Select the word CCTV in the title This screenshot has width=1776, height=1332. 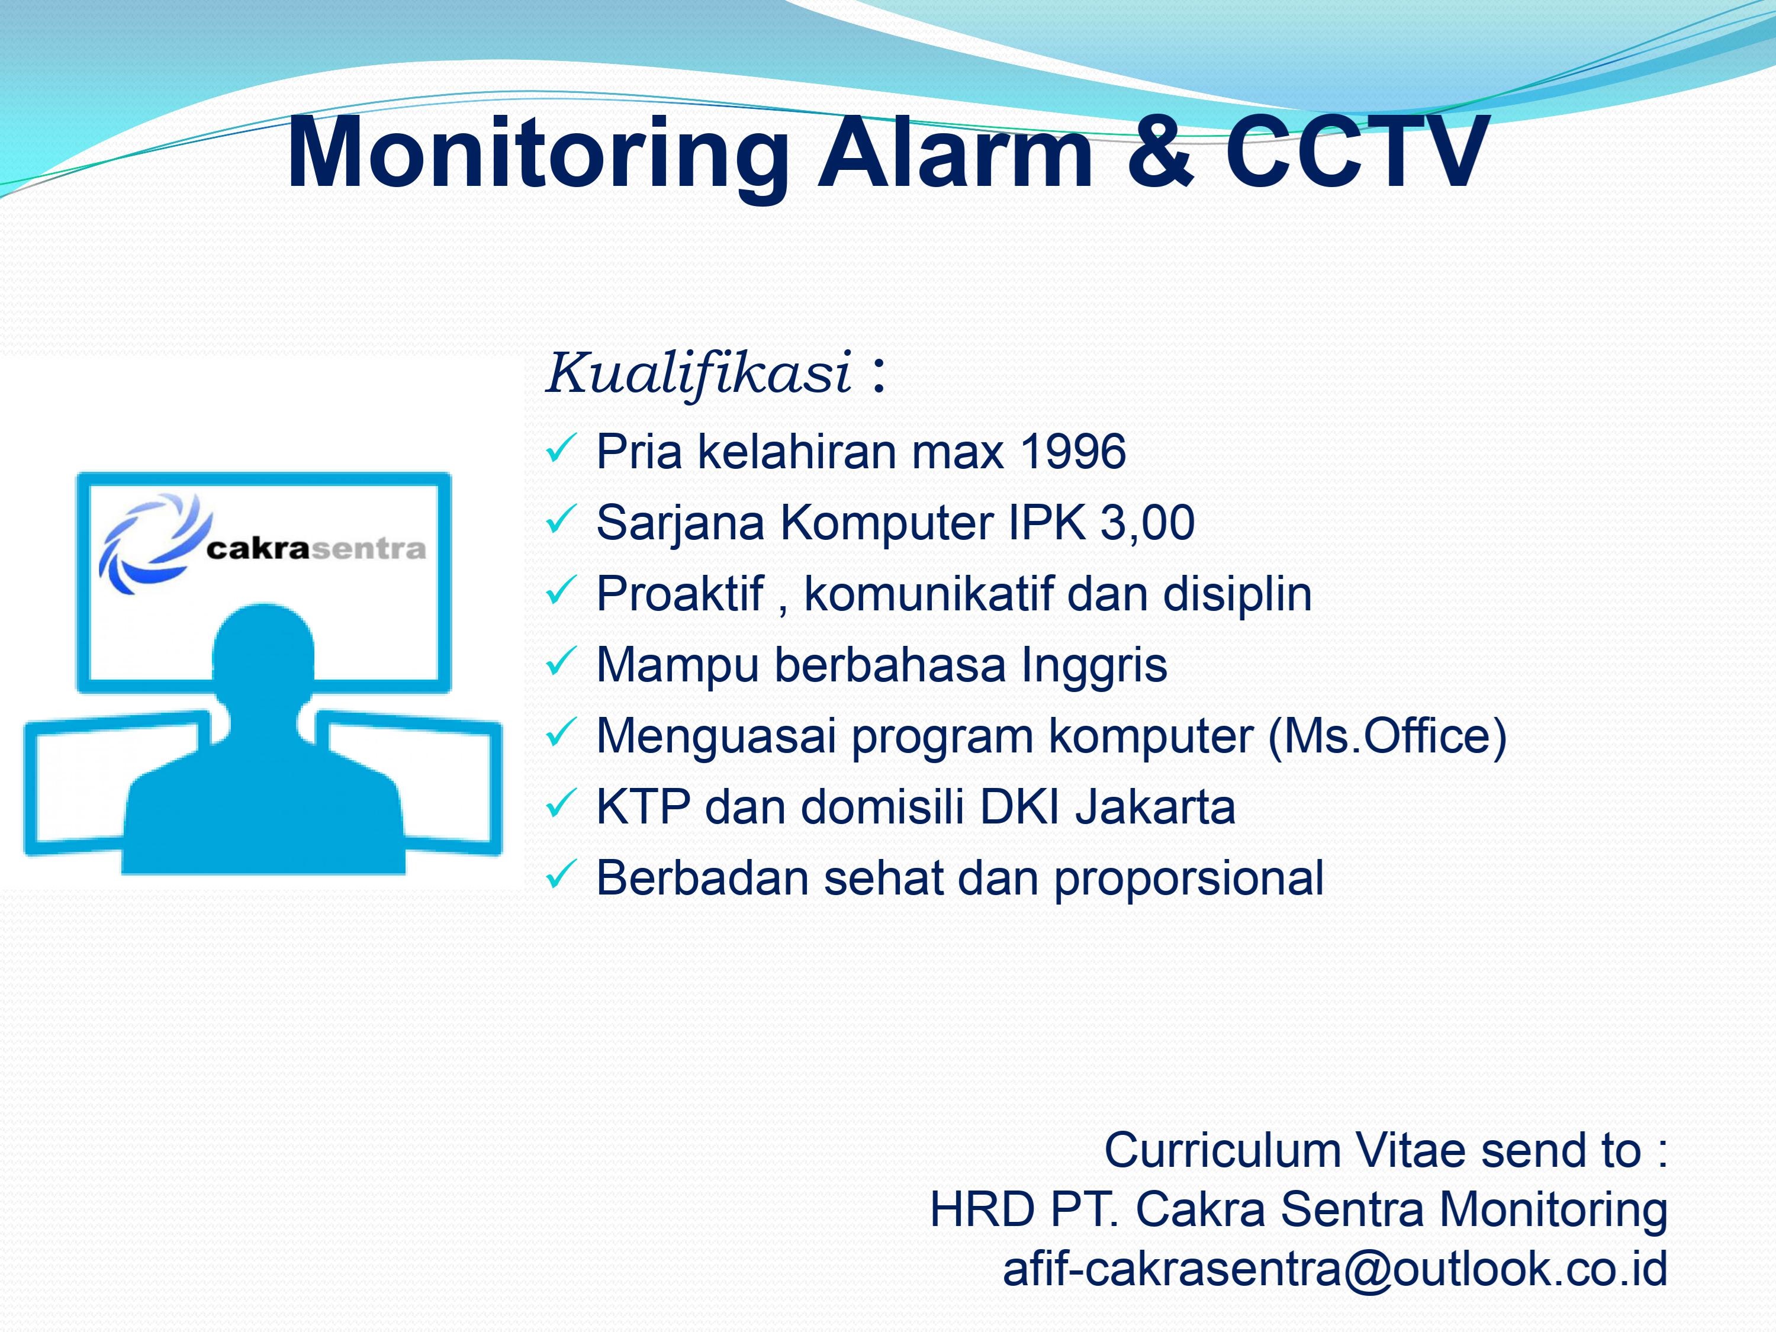(x=1356, y=151)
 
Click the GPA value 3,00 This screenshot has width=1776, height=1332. (x=1147, y=523)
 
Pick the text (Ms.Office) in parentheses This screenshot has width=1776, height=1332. (x=1386, y=736)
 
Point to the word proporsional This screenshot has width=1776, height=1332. (x=1189, y=880)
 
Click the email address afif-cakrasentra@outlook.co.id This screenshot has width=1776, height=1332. (x=1334, y=1269)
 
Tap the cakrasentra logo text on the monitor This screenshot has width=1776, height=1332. (x=316, y=549)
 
